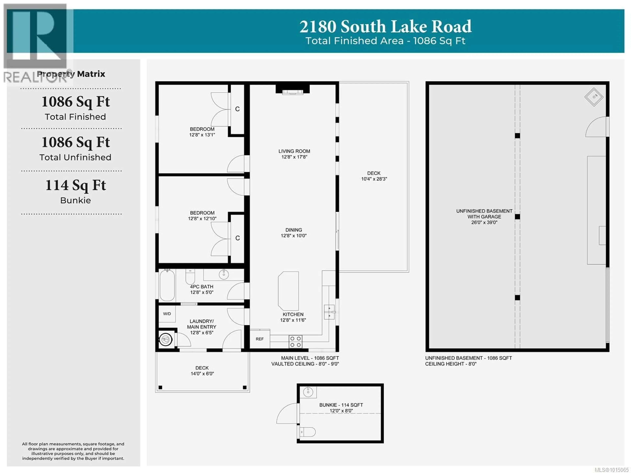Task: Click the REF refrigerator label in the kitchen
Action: click(x=260, y=339)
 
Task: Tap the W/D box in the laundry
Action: click(x=167, y=314)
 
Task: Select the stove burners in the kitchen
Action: click(x=295, y=342)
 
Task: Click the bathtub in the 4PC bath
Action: click(x=167, y=285)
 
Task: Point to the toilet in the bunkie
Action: click(x=307, y=432)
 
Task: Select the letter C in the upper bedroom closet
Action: click(x=237, y=109)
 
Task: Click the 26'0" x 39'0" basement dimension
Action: click(x=484, y=223)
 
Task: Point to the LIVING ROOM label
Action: click(x=294, y=151)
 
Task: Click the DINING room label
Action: click(x=293, y=230)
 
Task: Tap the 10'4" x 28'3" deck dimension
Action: click(x=374, y=179)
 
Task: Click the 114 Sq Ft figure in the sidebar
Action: click(x=76, y=185)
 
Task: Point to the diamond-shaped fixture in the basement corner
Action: click(x=594, y=97)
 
